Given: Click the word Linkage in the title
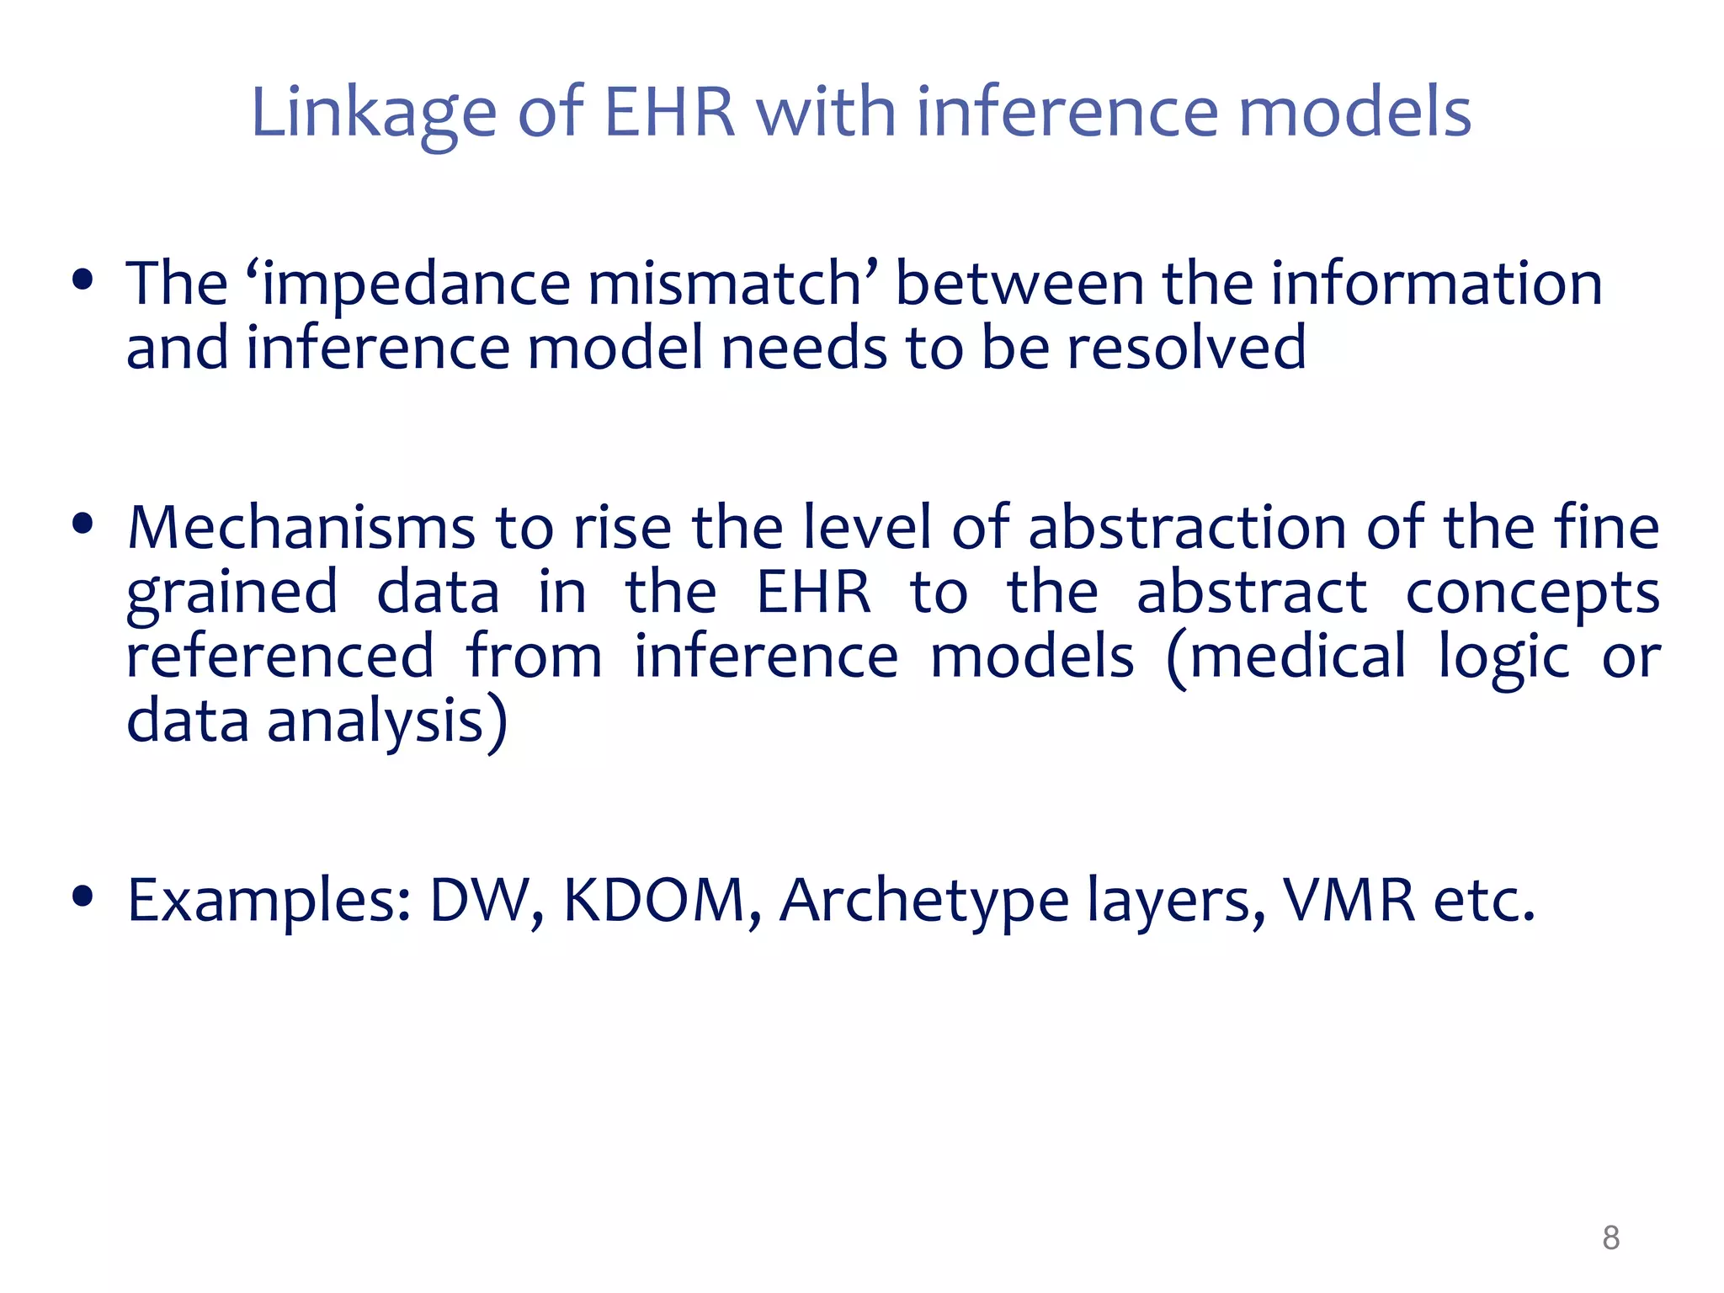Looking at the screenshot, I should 374,113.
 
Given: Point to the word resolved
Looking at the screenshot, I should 1186,348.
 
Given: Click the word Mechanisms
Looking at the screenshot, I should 301,528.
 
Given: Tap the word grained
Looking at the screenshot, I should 232,593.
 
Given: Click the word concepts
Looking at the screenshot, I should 1532,593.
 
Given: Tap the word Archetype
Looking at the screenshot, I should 923,901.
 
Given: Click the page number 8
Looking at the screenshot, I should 1610,1237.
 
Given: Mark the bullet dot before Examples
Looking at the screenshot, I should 82,897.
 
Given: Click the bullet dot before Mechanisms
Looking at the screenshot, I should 82,525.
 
